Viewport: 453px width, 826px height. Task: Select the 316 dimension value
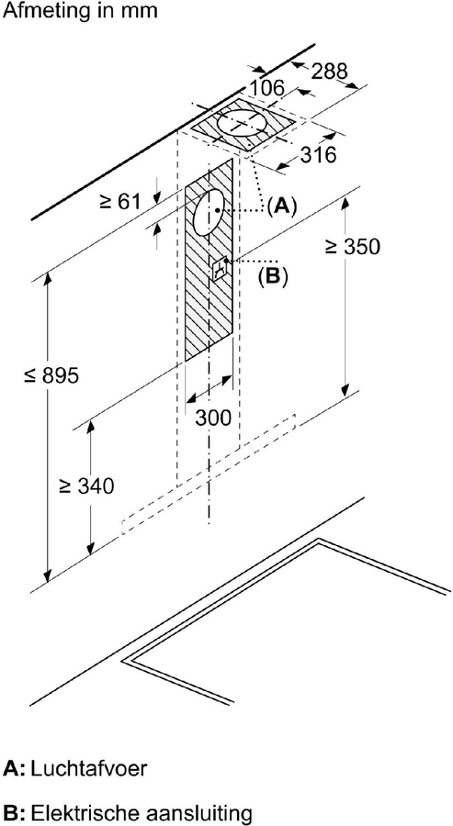[318, 154]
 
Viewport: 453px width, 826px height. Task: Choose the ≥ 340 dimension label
[85, 486]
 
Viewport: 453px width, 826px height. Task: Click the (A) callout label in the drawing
[282, 206]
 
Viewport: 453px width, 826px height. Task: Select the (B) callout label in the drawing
[273, 274]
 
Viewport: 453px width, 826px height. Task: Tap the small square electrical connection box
[221, 269]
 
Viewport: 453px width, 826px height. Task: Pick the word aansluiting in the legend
[200, 812]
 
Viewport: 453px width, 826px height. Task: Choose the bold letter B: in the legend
[14, 812]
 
